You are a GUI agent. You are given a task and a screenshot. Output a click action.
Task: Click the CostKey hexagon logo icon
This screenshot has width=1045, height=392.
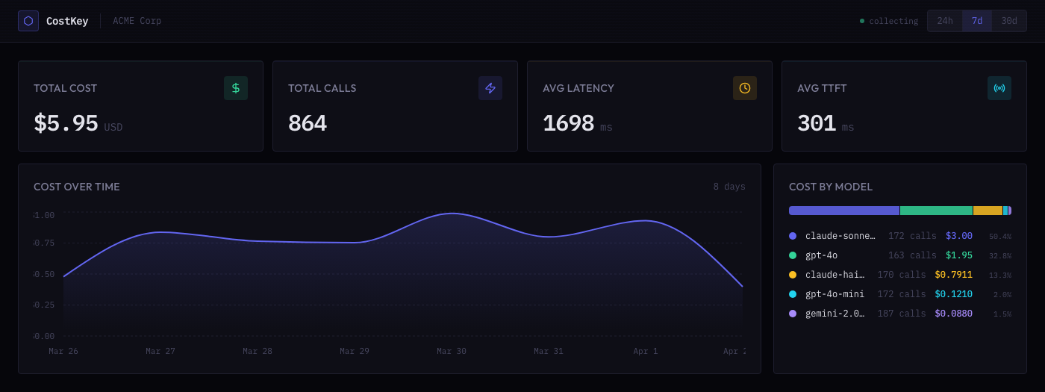click(x=28, y=21)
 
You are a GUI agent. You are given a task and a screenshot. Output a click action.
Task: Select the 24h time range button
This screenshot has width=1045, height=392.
click(x=945, y=21)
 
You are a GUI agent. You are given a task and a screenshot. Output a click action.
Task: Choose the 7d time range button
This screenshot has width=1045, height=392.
click(x=977, y=21)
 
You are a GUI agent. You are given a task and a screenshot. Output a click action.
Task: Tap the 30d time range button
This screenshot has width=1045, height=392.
click(x=1009, y=21)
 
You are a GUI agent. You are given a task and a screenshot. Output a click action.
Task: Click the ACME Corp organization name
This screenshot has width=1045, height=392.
click(x=137, y=21)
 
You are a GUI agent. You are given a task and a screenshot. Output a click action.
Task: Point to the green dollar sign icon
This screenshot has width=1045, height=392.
click(x=236, y=88)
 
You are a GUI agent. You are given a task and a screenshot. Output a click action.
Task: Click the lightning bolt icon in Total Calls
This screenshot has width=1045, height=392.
click(x=490, y=88)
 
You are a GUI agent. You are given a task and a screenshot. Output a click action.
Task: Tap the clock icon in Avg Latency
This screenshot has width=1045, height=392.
click(x=745, y=88)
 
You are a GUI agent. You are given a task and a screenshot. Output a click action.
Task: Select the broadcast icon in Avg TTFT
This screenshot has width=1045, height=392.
click(x=999, y=88)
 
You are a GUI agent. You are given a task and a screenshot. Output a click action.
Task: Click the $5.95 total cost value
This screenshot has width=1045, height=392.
click(x=66, y=123)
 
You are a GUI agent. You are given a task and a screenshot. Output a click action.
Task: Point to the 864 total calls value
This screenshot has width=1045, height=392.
click(x=308, y=123)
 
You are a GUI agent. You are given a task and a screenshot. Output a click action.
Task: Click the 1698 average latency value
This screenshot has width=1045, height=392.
click(x=568, y=123)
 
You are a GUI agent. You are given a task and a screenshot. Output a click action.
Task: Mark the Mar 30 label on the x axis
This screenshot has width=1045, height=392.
click(x=452, y=351)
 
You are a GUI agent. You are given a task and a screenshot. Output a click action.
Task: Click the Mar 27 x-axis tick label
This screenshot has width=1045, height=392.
click(x=160, y=351)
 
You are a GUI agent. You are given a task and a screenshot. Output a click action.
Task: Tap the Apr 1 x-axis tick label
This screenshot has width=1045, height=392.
click(x=646, y=351)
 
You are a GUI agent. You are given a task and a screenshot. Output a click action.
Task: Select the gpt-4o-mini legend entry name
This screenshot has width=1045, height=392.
click(x=835, y=294)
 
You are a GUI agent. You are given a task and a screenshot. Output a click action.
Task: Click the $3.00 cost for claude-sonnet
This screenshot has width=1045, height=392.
click(x=958, y=236)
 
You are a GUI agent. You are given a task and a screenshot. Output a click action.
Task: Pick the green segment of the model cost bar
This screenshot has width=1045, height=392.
click(x=936, y=211)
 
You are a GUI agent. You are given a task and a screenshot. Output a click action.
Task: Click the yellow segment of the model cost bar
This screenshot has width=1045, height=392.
click(x=988, y=211)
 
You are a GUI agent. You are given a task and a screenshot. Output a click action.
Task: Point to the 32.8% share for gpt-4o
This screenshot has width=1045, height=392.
click(x=1000, y=255)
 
